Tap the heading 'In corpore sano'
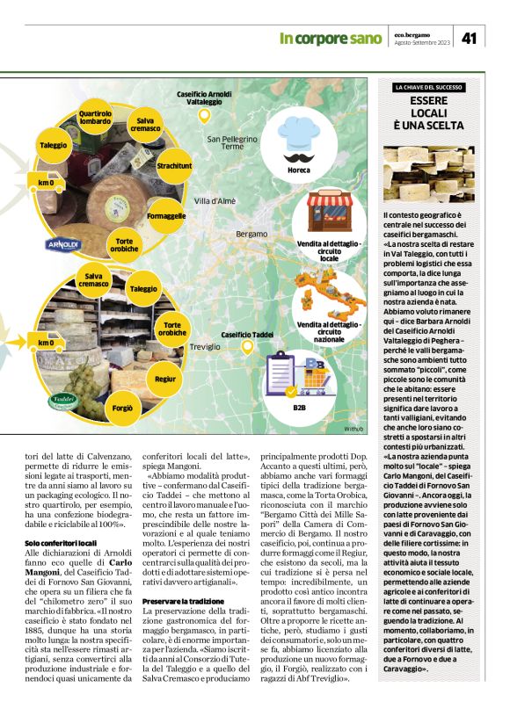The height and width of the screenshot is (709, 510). (x=331, y=39)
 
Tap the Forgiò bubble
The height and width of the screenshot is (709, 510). (x=122, y=408)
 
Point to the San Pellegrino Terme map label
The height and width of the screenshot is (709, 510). (x=232, y=142)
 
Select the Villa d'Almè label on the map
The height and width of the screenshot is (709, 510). (x=215, y=201)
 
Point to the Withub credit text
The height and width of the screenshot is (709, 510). (x=353, y=428)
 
